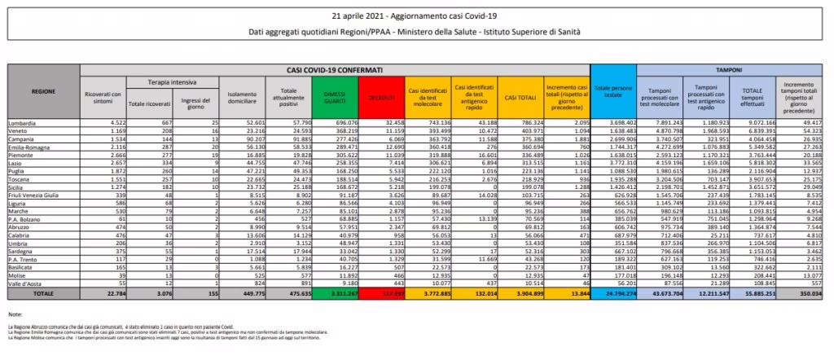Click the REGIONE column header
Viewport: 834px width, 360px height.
[x=43, y=92]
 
